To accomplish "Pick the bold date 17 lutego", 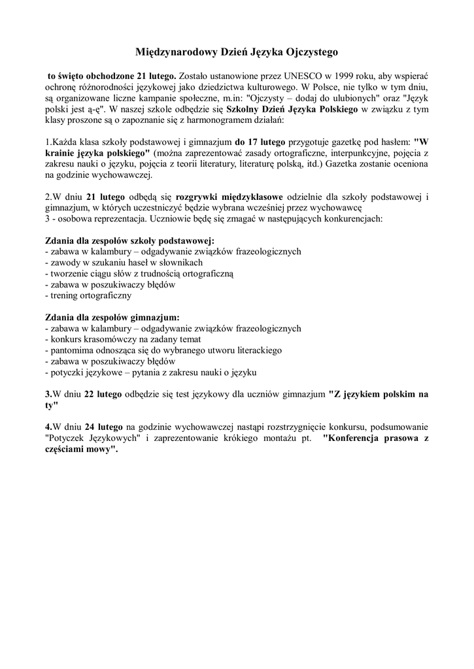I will click(x=258, y=142).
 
